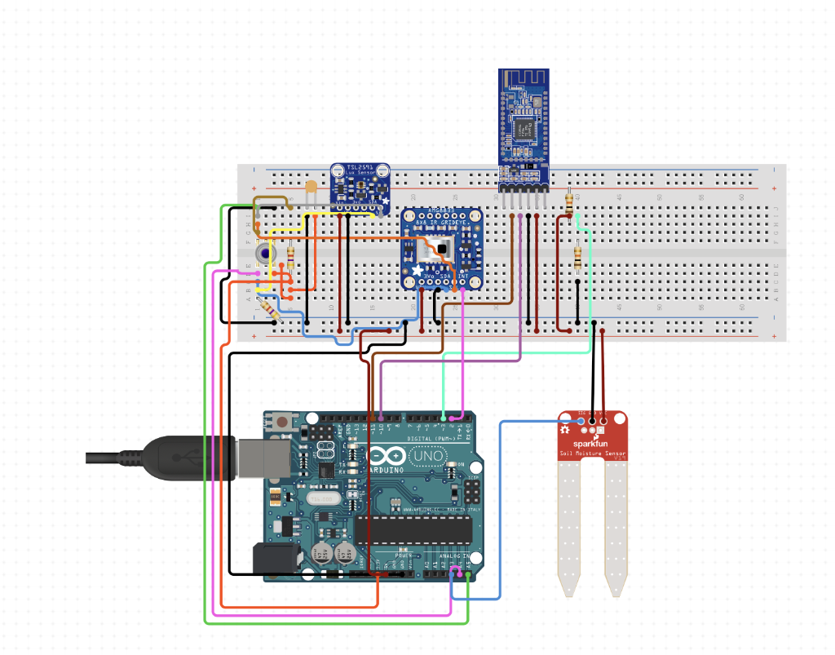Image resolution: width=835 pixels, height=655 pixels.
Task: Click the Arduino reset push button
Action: [x=282, y=422]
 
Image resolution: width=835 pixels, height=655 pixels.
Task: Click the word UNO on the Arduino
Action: [x=426, y=457]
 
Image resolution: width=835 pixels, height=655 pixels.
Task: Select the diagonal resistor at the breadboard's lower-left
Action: [x=268, y=309]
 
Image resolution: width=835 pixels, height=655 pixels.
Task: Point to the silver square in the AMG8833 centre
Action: [x=441, y=247]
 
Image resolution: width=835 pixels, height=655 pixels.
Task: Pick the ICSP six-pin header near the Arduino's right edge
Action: [x=472, y=490]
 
